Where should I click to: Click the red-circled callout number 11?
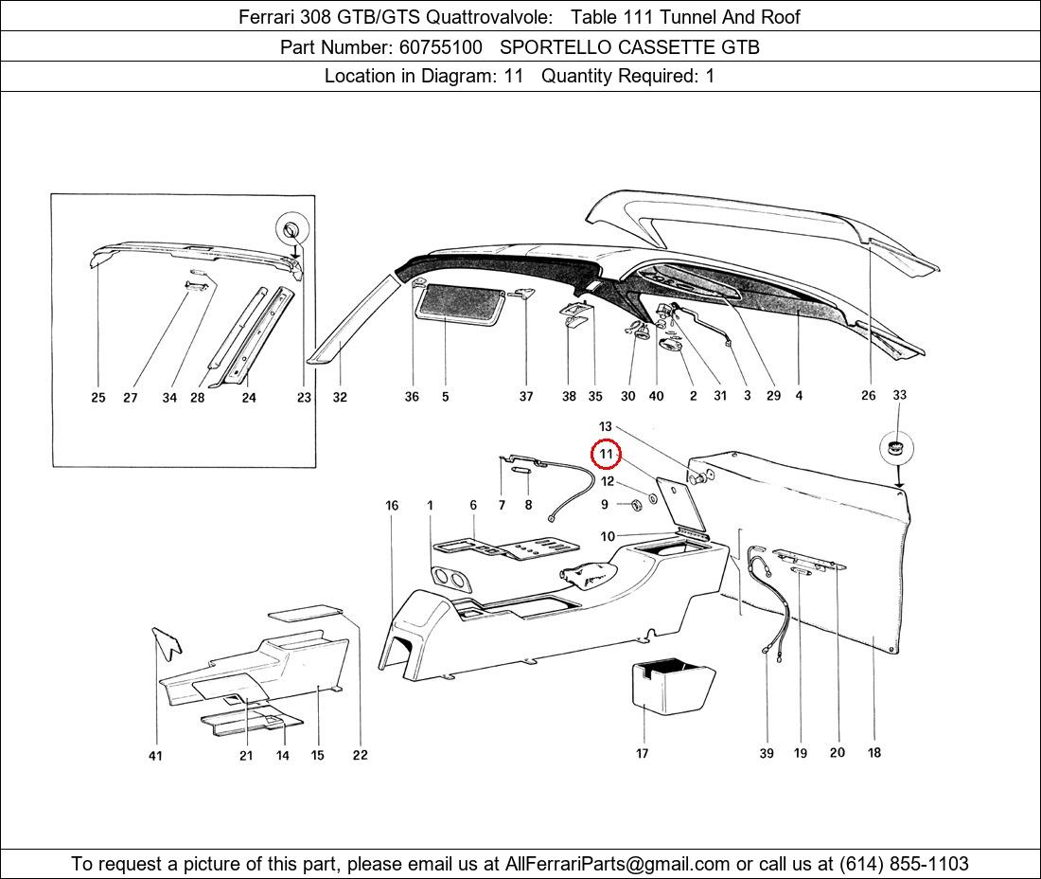[606, 455]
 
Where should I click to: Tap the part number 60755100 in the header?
[440, 47]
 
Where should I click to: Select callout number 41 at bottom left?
[154, 756]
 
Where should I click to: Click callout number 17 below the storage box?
[642, 753]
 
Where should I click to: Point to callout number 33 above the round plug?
[899, 395]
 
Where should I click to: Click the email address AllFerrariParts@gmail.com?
[617, 864]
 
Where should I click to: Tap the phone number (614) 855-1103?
[904, 864]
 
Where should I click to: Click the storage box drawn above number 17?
[672, 687]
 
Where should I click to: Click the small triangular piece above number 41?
[168, 642]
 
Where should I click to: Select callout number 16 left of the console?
[392, 506]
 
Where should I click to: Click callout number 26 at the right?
[869, 395]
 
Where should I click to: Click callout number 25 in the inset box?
[98, 397]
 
